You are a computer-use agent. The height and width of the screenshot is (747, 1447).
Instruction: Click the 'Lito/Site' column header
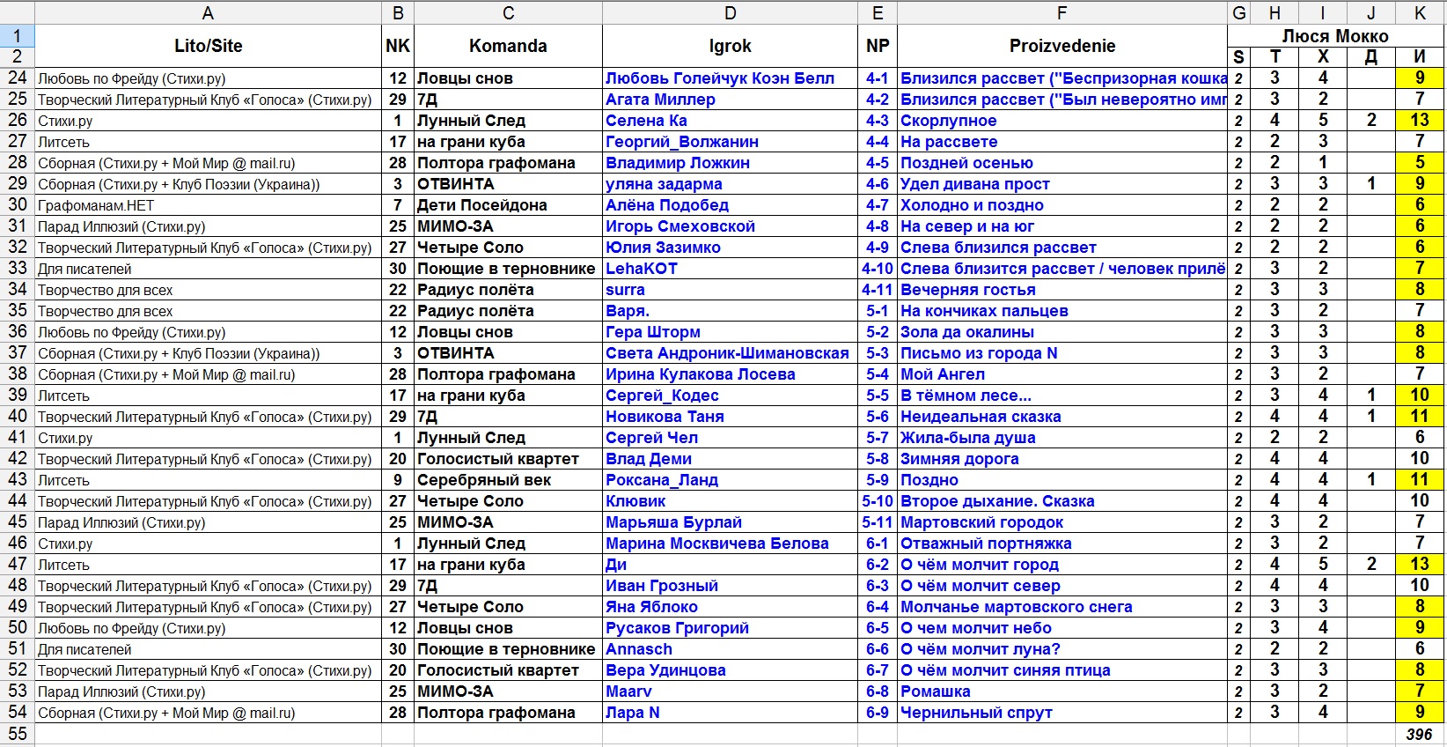208,46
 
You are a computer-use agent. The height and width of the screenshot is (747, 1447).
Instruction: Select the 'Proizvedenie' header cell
1061,46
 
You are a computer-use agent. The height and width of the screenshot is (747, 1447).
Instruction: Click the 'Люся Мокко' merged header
1334,36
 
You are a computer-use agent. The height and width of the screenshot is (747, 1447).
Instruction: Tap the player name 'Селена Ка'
646,121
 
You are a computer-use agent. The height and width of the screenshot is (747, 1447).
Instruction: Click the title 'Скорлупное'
948,121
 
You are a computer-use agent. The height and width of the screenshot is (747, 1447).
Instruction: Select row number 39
18,396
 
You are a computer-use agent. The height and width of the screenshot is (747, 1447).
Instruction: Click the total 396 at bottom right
1418,734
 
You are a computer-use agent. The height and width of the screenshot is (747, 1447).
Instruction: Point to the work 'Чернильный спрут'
976,713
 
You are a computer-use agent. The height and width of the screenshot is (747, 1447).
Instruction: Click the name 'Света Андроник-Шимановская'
727,353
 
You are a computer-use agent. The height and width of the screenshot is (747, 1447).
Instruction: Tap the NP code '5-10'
877,501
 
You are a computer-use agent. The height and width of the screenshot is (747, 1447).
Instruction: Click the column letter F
1061,12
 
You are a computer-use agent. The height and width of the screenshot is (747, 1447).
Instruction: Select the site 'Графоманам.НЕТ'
96,205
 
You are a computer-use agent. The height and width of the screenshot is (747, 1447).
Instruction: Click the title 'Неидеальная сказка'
981,417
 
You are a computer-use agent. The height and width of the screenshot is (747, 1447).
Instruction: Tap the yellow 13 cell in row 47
1419,565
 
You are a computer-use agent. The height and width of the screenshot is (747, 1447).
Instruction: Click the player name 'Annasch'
638,649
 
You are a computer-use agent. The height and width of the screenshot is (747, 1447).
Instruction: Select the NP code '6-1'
877,544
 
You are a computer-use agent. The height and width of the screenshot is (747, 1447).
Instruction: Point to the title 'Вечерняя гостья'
967,290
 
